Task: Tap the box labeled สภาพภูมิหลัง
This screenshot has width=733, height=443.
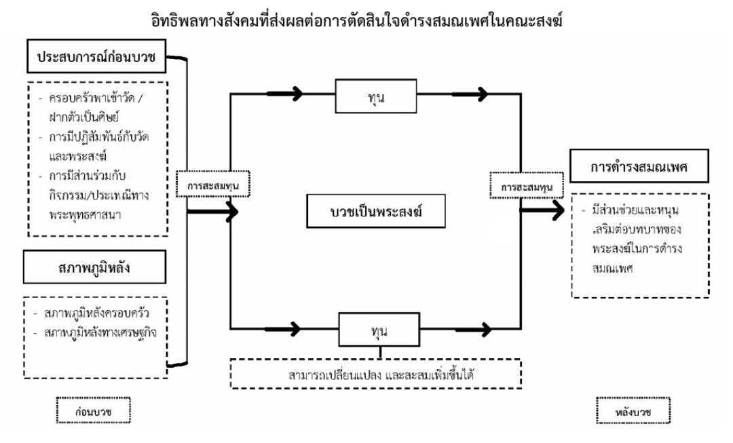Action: click(94, 268)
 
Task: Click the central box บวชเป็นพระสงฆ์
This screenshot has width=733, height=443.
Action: click(376, 212)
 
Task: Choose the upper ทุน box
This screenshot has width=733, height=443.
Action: click(376, 96)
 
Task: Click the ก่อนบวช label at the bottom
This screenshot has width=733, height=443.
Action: click(93, 411)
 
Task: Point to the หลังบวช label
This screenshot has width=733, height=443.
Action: click(633, 411)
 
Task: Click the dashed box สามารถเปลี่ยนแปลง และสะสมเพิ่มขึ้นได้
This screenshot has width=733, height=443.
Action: click(376, 373)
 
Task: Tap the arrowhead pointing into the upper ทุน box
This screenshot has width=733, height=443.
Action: click(296, 94)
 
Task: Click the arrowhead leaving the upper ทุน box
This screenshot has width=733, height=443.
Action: click(481, 94)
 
